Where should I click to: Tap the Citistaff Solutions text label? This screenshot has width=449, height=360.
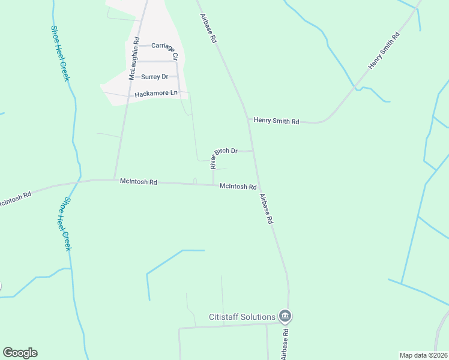pyautogui.click(x=242, y=317)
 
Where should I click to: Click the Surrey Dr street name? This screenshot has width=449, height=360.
pyautogui.click(x=154, y=77)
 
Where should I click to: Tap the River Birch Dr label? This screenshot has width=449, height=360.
pyautogui.click(x=224, y=158)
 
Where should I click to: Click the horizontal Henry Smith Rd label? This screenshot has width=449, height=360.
pyautogui.click(x=276, y=121)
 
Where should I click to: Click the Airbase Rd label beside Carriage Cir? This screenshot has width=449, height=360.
pyautogui.click(x=208, y=28)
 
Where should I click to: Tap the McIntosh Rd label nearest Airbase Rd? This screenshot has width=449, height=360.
pyautogui.click(x=238, y=187)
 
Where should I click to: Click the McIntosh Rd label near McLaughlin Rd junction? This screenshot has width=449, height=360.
pyautogui.click(x=138, y=181)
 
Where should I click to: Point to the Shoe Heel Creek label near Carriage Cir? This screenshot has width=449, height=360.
pyautogui.click(x=61, y=53)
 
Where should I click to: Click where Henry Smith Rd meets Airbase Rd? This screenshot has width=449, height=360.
pyautogui.click(x=248, y=119)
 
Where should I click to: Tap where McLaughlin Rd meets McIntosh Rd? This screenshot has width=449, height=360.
pyautogui.click(x=115, y=179)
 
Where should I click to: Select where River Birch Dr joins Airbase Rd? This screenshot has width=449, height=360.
pyautogui.click(x=252, y=151)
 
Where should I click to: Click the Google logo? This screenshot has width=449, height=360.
pyautogui.click(x=20, y=353)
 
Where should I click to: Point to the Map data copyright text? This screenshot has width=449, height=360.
pyautogui.click(x=424, y=355)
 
